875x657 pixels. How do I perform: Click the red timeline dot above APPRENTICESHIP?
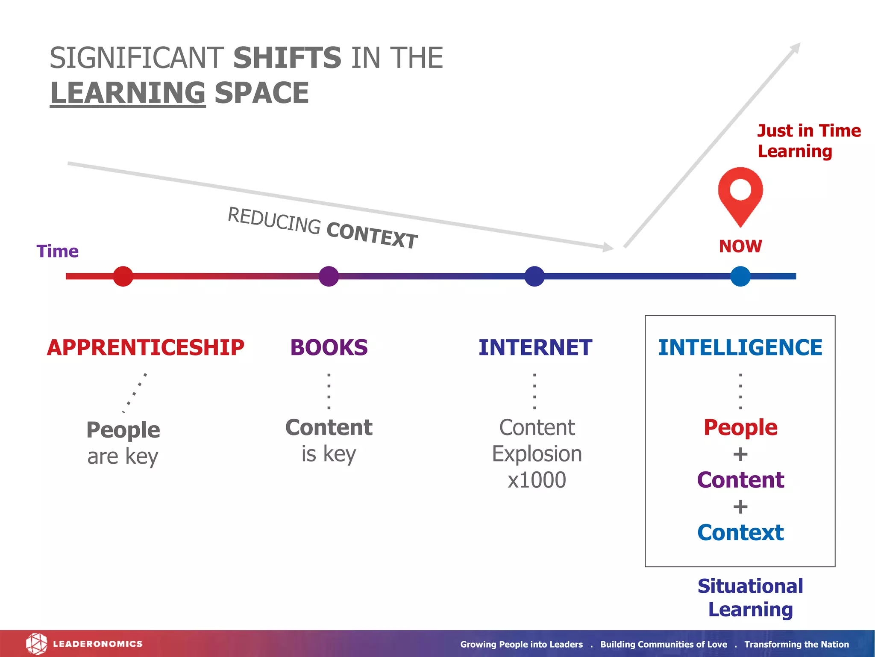click(123, 276)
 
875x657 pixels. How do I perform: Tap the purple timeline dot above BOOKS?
click(329, 276)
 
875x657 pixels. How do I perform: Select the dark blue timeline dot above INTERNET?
click(534, 276)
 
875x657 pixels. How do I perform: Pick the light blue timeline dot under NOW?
click(740, 276)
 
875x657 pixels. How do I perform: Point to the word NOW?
click(740, 246)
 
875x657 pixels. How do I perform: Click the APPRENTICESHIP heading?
click(145, 347)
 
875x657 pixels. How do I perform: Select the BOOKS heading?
click(329, 347)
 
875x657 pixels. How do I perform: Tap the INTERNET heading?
click(535, 347)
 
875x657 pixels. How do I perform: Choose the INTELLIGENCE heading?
click(740, 347)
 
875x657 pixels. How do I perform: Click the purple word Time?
click(58, 252)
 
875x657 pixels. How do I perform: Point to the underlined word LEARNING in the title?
click(128, 93)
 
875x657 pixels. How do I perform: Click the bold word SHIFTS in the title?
click(287, 58)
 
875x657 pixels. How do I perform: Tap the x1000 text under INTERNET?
click(537, 480)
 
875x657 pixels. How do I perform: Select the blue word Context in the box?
click(740, 533)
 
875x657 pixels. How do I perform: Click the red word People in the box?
click(740, 427)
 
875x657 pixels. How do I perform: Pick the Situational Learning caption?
click(750, 598)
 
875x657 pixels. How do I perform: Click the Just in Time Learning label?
click(808, 141)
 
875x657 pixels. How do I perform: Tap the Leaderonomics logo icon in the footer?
click(36, 644)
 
